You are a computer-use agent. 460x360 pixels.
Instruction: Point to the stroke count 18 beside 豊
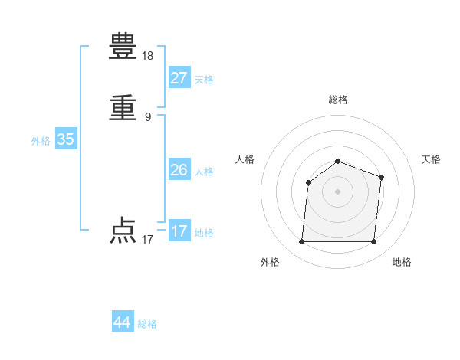point(148,56)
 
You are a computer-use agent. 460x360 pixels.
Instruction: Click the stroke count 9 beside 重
point(148,117)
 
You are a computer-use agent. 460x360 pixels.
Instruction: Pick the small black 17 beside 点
point(148,240)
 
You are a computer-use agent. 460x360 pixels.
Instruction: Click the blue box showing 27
point(179,78)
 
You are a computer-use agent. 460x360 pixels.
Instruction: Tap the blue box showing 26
point(179,170)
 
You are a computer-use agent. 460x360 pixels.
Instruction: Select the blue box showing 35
point(65,139)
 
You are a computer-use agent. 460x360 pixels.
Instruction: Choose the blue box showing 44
point(123,322)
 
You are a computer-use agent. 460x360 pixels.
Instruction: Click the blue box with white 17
point(179,231)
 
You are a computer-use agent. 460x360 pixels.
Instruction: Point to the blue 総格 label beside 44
point(147,324)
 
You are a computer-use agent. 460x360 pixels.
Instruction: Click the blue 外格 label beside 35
point(41,141)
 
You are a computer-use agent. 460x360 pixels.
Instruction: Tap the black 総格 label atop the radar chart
point(338,100)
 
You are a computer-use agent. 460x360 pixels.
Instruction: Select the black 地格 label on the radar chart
point(402,263)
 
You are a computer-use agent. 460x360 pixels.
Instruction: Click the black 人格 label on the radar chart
point(245,159)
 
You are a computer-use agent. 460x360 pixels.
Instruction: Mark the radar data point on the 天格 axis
point(381,177)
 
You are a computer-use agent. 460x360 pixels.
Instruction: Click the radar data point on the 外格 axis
point(302,242)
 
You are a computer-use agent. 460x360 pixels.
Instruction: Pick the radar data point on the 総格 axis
point(338,161)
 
